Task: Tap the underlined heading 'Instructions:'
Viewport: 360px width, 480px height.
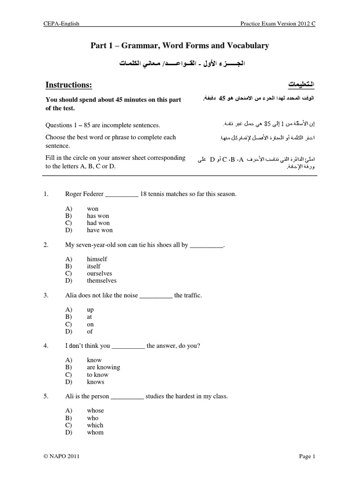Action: [68, 84]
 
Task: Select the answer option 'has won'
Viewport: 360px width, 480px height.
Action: [97, 216]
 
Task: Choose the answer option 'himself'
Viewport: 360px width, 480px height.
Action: [97, 259]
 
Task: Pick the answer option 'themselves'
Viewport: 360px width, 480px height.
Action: [102, 281]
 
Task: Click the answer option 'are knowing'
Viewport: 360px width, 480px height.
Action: [103, 367]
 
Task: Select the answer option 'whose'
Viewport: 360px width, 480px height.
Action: [96, 410]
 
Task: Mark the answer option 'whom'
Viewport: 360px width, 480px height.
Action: [95, 432]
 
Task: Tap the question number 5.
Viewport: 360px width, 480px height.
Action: [46, 396]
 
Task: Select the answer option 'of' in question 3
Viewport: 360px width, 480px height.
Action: [90, 331]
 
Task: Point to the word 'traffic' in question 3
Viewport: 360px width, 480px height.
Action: [193, 295]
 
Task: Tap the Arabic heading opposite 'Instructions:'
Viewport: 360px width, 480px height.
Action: [300, 84]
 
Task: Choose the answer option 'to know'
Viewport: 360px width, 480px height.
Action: [97, 375]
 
